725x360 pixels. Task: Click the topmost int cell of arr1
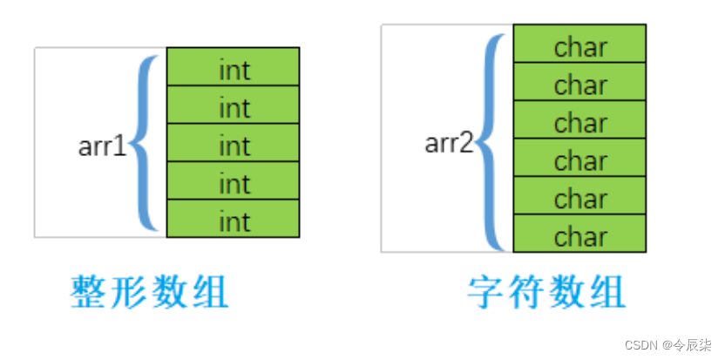click(234, 66)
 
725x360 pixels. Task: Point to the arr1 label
click(103, 146)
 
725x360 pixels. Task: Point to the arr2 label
click(449, 142)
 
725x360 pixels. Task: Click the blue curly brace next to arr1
click(146, 144)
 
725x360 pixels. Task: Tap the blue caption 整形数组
click(149, 294)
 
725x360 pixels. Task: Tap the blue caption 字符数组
click(546, 294)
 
